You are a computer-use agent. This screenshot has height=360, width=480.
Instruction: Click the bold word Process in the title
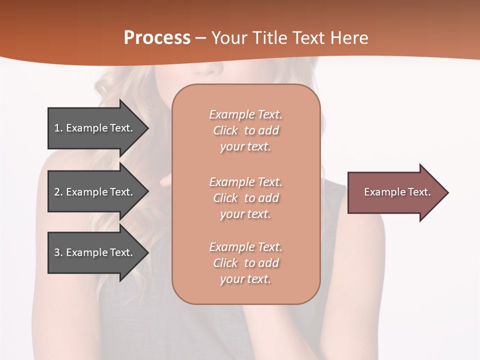pos(157,37)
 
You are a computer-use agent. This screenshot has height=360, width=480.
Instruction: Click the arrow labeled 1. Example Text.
pos(95,128)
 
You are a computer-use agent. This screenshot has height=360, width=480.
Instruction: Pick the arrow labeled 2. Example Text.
pos(95,192)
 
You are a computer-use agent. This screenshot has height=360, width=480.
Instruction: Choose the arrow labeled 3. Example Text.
pos(95,252)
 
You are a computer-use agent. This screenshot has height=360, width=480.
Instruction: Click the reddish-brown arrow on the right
pos(395,192)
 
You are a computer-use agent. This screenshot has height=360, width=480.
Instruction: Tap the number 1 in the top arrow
pos(57,128)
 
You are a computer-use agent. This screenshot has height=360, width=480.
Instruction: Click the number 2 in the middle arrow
pos(57,192)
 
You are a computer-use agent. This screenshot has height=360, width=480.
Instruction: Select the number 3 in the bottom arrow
pos(57,252)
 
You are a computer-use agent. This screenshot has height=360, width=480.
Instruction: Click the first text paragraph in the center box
pos(245,130)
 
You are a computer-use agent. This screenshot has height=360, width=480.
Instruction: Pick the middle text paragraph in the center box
pos(245,198)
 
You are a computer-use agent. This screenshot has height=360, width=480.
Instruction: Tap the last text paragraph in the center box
pos(245,263)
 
